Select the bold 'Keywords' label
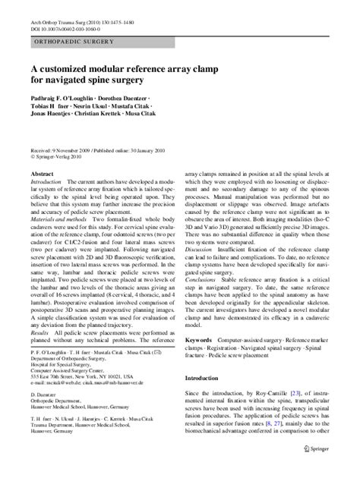tap(201, 354)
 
